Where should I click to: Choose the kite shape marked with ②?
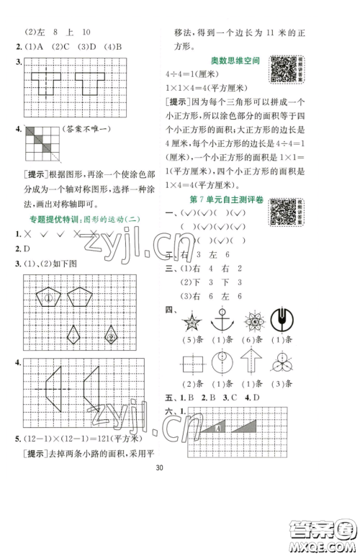tap(112, 334)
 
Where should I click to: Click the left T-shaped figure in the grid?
tap(46, 84)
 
